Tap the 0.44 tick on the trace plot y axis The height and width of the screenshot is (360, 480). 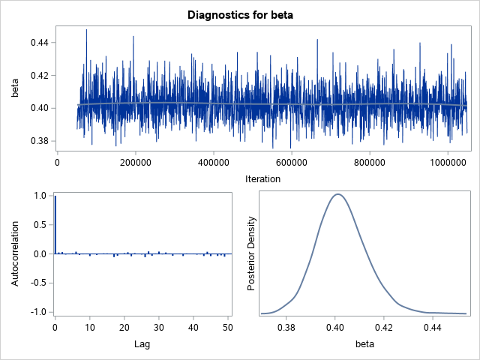click(39, 43)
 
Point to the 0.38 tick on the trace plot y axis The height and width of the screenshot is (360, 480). click(39, 141)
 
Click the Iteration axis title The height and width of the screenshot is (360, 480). click(262, 178)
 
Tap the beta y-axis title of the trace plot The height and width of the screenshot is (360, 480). click(14, 88)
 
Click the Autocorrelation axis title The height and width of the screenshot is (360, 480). click(14, 253)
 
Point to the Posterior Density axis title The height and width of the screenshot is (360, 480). click(253, 253)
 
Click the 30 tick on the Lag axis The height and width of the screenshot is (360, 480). click(159, 328)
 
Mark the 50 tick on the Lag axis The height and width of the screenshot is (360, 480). click(228, 328)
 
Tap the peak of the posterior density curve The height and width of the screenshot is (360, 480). click(337, 194)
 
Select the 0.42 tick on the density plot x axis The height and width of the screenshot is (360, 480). click(384, 328)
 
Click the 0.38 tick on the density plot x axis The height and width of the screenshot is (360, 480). click(286, 328)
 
